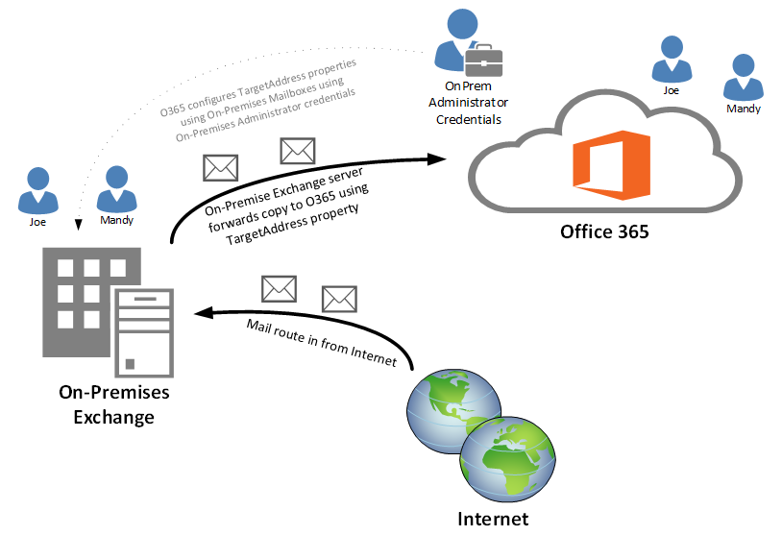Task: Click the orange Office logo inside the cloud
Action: point(611,165)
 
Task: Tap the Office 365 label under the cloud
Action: point(604,231)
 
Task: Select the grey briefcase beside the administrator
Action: point(483,61)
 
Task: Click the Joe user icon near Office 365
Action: point(672,59)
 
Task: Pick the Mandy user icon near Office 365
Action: point(744,77)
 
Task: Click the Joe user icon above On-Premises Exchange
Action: point(37,190)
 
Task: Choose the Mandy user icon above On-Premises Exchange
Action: point(116,189)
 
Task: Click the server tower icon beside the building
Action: point(144,332)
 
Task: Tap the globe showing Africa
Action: point(507,459)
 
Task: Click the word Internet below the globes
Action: point(493,519)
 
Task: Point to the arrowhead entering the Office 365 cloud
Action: point(437,159)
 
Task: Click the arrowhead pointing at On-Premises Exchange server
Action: point(204,312)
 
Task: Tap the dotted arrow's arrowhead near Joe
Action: point(79,225)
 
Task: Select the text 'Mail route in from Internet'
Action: point(322,343)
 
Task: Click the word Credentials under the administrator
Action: point(469,120)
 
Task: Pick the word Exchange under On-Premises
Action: point(113,417)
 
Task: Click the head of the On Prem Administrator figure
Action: point(462,23)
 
